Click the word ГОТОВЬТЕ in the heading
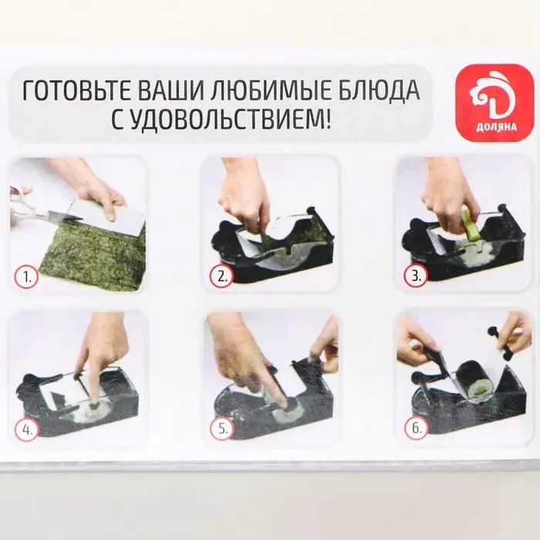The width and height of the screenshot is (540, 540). coord(81,91)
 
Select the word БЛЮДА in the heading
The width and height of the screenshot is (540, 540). coord(378,91)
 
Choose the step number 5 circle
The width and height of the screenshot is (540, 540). coord(222,430)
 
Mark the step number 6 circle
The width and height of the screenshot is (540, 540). coord(414,430)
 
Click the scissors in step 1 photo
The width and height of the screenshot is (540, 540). coord(39,211)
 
